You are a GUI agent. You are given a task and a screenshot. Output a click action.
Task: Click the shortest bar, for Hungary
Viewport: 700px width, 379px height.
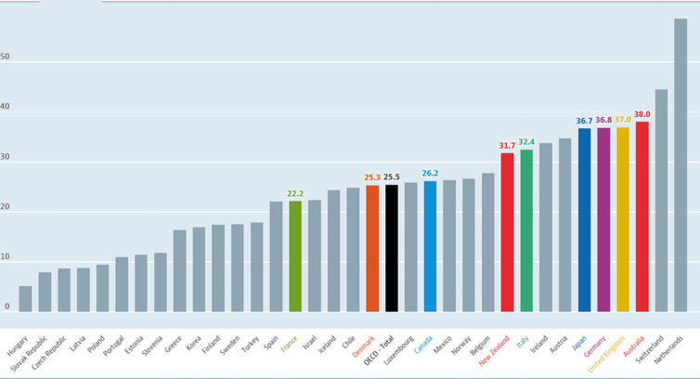coord(25,298)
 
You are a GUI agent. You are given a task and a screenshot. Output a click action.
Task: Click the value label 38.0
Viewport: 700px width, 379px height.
coord(642,114)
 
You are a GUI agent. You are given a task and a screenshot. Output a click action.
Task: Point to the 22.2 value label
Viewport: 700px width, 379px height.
coord(295,193)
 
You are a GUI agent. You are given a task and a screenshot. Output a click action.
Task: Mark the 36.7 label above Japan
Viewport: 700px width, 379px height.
coord(584,121)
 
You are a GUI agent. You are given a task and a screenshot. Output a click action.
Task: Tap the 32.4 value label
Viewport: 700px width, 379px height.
coord(526,142)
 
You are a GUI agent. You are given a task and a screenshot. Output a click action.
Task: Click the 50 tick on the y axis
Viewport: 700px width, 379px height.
coord(6,57)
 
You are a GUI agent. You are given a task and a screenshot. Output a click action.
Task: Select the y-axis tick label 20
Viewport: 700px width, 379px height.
coord(6,207)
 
